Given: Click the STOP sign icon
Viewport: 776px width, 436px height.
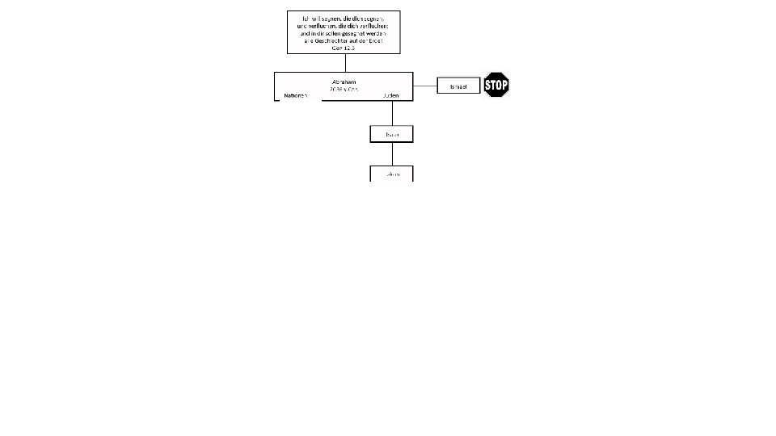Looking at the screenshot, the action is [496, 85].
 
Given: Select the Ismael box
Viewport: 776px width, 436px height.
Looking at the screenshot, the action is [458, 86].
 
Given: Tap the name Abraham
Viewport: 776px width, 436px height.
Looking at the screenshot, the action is [344, 82].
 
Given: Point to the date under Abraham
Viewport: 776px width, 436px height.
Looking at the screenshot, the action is [344, 89].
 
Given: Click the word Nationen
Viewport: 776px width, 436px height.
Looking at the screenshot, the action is [295, 95].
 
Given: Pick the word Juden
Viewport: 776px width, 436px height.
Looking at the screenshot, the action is [391, 95].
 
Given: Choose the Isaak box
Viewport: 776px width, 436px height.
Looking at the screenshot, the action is [392, 133].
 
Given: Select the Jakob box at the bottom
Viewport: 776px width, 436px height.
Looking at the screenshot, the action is [392, 174].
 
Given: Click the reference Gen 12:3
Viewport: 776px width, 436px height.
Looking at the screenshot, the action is [344, 48].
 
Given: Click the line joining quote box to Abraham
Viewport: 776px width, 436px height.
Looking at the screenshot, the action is [345, 62].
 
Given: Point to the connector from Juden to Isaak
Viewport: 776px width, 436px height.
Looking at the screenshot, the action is [393, 113].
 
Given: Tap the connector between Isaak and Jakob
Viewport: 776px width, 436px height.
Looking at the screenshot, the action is [393, 153].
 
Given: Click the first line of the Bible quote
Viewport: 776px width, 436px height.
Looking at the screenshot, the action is [344, 18].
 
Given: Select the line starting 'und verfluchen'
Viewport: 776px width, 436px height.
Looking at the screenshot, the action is [344, 26].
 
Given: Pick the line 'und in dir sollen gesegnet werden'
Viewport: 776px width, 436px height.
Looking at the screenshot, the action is [344, 33].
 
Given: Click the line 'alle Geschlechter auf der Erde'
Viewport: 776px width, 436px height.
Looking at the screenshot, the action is [344, 40].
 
